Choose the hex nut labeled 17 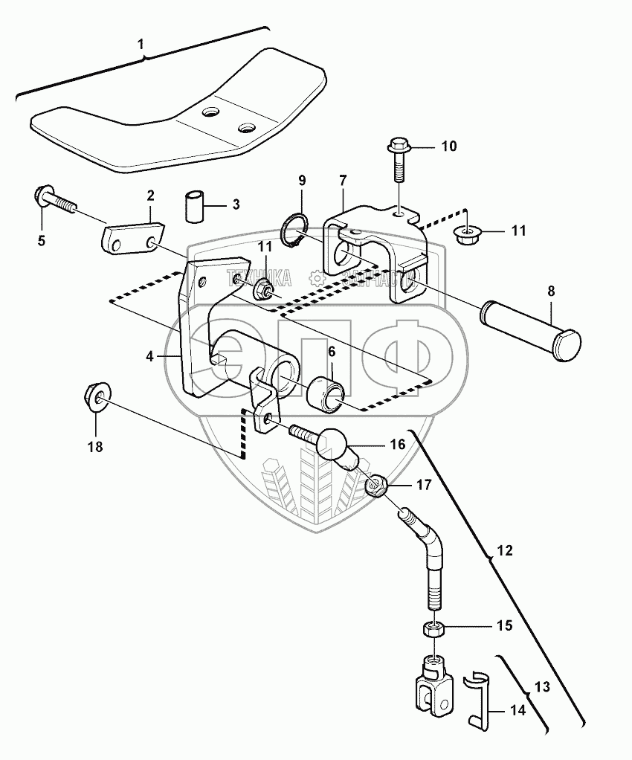[376, 488]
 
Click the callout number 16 [396, 445]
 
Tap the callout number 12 [505, 552]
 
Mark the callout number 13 [542, 689]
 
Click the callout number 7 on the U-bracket [342, 181]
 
